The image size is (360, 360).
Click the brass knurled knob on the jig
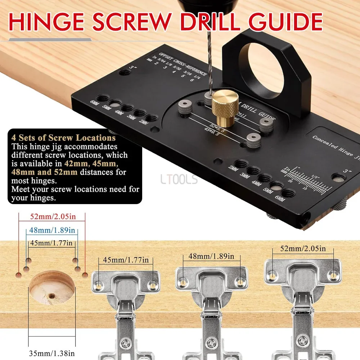coord(225,103)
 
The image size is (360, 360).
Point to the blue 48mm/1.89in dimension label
coord(52,230)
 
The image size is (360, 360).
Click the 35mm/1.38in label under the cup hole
coord(52,354)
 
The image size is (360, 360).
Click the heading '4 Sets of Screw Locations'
coord(63,138)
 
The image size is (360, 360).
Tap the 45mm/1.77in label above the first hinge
coord(126,260)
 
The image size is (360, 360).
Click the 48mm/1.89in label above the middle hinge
coord(212,256)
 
